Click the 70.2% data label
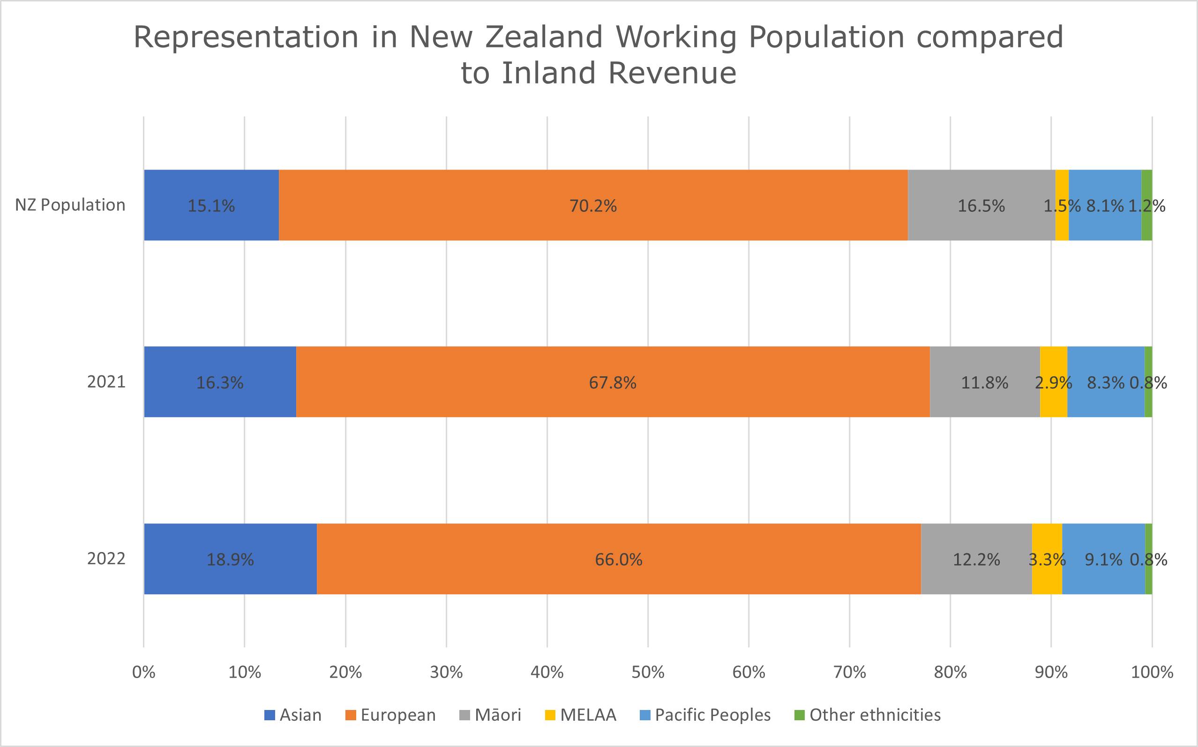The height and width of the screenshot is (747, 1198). pyautogui.click(x=593, y=206)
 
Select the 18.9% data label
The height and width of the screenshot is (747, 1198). pyautogui.click(x=230, y=560)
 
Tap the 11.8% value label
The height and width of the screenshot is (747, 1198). pyautogui.click(x=984, y=383)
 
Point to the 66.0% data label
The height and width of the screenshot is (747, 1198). pyautogui.click(x=619, y=560)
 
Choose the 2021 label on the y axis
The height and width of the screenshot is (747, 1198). pyautogui.click(x=106, y=382)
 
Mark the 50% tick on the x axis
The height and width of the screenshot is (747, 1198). pyautogui.click(x=648, y=672)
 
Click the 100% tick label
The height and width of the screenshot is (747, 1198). pyautogui.click(x=1152, y=672)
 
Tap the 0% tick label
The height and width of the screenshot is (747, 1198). pyautogui.click(x=144, y=672)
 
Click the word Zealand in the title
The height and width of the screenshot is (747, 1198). pyautogui.click(x=543, y=37)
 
